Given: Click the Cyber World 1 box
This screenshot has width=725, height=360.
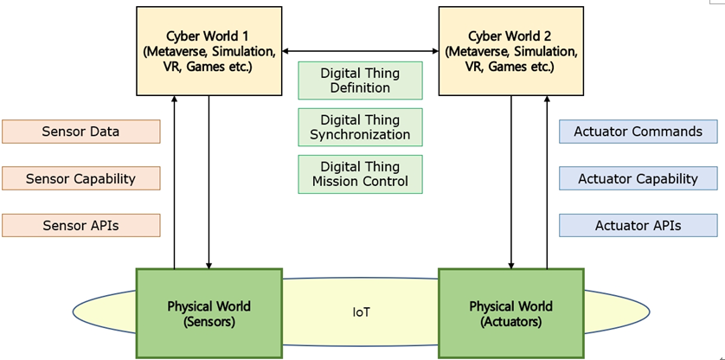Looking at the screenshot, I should (x=209, y=51).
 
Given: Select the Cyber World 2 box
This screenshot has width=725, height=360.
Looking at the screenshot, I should (x=510, y=51).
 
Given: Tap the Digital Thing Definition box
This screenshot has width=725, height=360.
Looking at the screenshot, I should (x=360, y=80).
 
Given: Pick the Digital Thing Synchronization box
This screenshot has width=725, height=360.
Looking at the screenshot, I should (x=360, y=127).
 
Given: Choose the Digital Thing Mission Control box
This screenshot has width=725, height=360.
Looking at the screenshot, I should (x=360, y=174).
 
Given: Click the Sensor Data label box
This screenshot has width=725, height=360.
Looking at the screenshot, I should (x=80, y=132).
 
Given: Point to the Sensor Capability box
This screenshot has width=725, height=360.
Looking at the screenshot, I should (x=80, y=178).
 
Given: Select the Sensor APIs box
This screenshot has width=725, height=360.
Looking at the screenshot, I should (x=80, y=225).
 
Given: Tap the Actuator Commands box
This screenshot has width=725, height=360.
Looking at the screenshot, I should (x=638, y=132).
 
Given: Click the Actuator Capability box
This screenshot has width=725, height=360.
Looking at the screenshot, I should (x=638, y=178).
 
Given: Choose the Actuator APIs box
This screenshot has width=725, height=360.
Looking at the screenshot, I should (x=638, y=225).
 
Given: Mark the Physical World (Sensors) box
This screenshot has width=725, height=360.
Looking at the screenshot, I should (x=209, y=313).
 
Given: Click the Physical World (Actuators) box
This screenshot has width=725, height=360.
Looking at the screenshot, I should (x=510, y=313).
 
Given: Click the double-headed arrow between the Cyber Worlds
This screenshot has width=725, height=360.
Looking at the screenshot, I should (x=360, y=51).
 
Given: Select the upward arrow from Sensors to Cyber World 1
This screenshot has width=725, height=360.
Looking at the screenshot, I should (x=175, y=182).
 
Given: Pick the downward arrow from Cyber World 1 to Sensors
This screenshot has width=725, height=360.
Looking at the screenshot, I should (x=209, y=182).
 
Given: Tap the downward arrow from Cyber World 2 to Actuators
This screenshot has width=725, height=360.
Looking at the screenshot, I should (x=511, y=182).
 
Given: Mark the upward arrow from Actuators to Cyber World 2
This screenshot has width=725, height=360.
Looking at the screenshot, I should (x=547, y=182).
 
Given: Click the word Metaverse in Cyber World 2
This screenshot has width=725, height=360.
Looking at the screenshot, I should (x=484, y=51).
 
